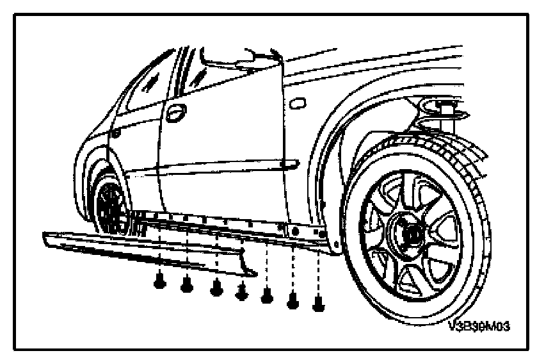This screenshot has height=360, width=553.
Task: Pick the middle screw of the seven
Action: pos(242,291)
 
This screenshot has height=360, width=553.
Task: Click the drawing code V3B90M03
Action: pos(479,327)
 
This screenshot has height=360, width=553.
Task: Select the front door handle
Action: pos(297,102)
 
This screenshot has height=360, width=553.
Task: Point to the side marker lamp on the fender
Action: pos(297,102)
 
